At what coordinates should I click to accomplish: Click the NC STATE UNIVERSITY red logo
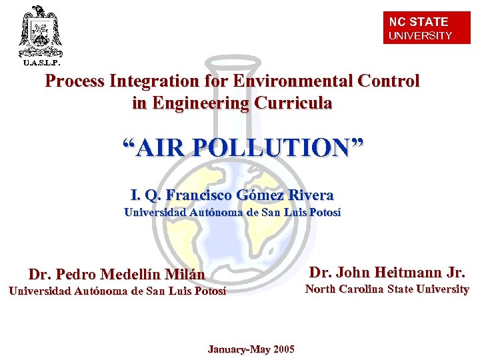point(427,28)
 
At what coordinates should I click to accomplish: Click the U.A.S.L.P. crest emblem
point(40,30)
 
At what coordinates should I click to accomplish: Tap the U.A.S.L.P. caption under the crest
point(41,63)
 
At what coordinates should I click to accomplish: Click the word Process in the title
point(74,81)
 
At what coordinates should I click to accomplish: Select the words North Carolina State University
point(387,289)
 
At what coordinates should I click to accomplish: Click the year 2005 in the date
point(283,349)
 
